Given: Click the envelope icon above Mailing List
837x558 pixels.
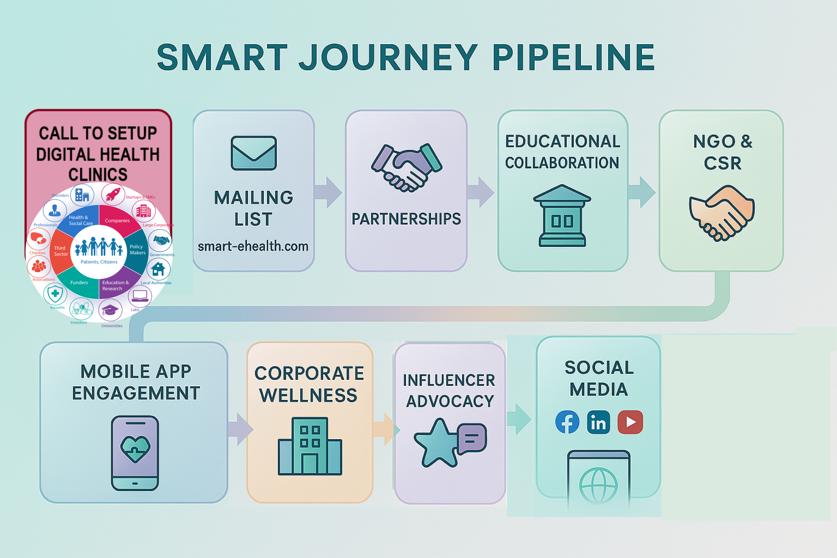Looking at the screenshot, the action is (254, 153).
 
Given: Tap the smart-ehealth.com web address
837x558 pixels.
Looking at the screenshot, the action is (253, 246).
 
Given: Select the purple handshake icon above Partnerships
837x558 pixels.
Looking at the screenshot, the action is (406, 168).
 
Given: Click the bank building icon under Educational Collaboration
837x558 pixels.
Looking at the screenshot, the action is (562, 216).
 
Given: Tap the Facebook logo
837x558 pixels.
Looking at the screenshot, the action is (567, 422).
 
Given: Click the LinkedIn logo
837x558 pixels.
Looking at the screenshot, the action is (598, 422).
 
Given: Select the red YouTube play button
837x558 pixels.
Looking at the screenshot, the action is (630, 422).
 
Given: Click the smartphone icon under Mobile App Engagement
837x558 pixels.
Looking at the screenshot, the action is (135, 453).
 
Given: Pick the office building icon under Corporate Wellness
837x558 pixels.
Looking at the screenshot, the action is (310, 446).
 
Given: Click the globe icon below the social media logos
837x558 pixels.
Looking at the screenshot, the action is (598, 485).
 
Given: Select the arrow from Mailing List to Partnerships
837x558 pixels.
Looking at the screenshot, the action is (328, 192).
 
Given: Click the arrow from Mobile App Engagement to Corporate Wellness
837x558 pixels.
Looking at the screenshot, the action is (241, 429).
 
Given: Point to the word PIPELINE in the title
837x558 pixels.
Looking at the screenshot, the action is (573, 57).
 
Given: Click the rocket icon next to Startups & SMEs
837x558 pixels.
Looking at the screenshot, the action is (113, 194).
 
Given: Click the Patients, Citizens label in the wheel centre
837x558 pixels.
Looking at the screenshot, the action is (99, 262).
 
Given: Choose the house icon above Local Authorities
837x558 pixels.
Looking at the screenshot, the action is (158, 269).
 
